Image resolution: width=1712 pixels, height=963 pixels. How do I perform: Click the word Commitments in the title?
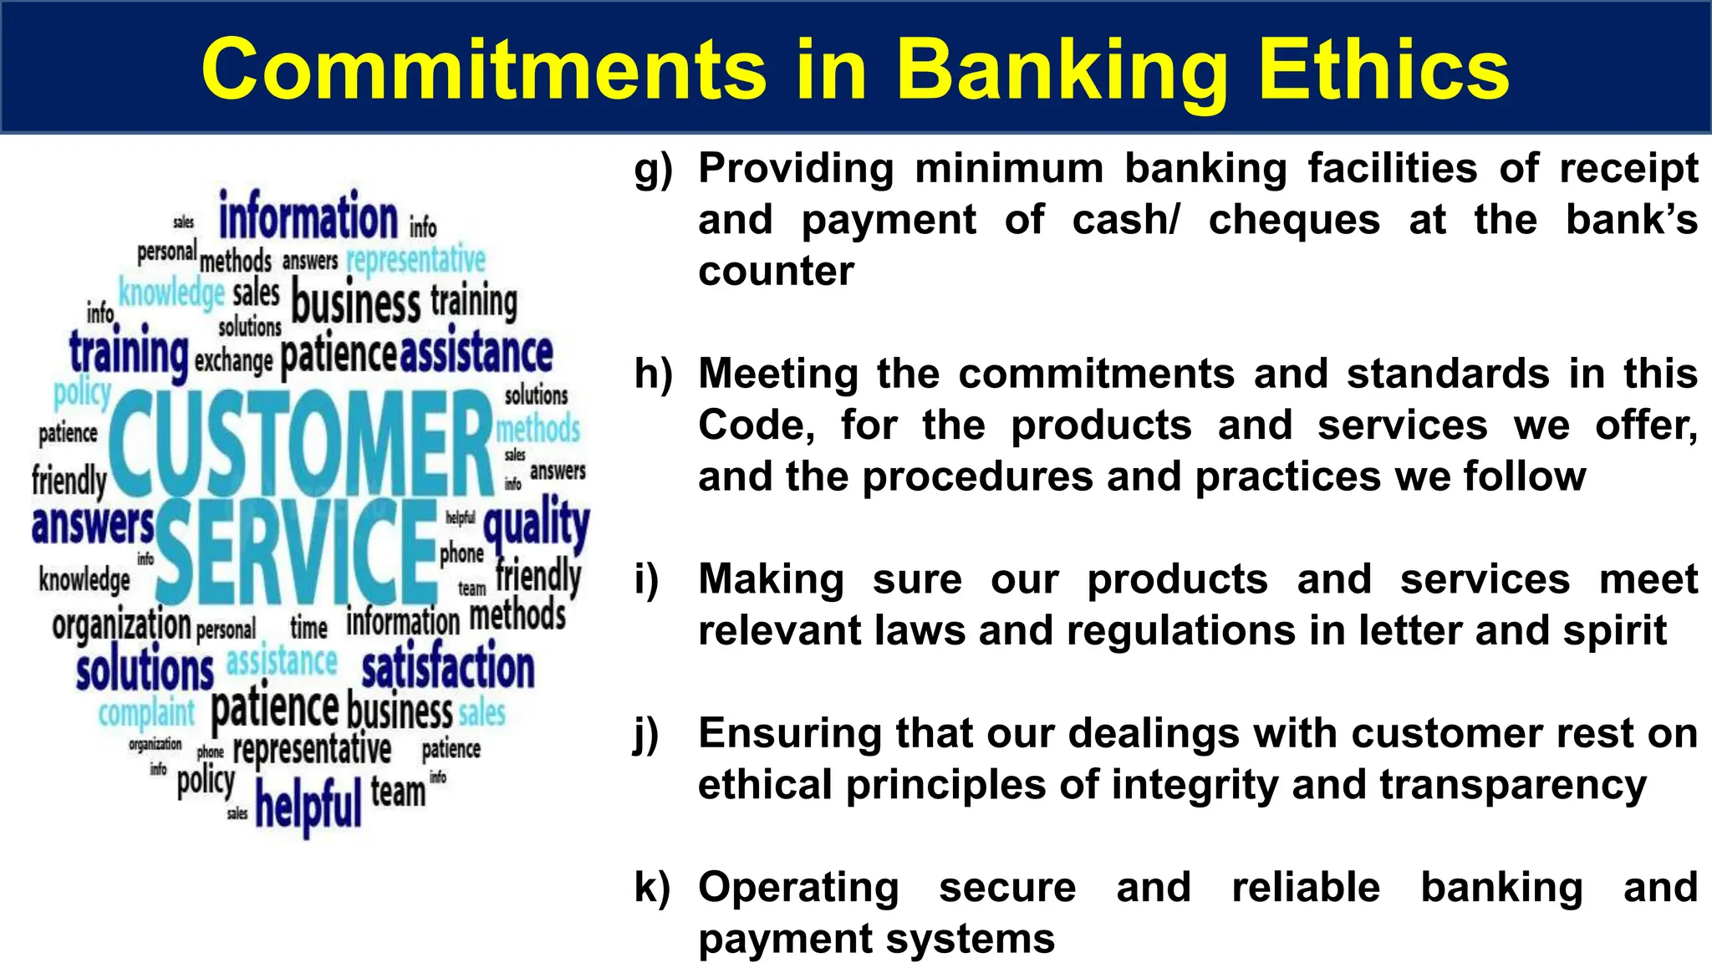click(484, 70)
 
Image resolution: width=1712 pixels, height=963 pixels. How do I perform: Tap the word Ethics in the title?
click(1383, 70)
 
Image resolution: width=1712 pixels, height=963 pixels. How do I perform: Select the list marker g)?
click(653, 170)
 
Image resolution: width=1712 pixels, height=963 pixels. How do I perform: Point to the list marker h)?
click(653, 374)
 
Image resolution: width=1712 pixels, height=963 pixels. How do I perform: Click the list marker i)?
click(646, 579)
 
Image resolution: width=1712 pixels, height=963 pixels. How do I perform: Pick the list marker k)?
click(652, 888)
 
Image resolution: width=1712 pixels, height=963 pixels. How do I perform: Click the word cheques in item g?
click(1294, 221)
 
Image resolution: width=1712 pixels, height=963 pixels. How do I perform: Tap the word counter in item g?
click(776, 272)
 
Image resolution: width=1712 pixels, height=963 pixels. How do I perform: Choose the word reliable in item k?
click(1306, 888)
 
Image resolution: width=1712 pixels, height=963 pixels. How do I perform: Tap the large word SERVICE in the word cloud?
click(297, 552)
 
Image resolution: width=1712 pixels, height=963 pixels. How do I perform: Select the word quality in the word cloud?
click(536, 525)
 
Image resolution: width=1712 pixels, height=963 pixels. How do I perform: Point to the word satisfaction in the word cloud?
click(448, 669)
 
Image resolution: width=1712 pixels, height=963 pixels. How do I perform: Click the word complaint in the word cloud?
click(146, 713)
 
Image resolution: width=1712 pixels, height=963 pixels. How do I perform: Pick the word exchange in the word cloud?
click(233, 360)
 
